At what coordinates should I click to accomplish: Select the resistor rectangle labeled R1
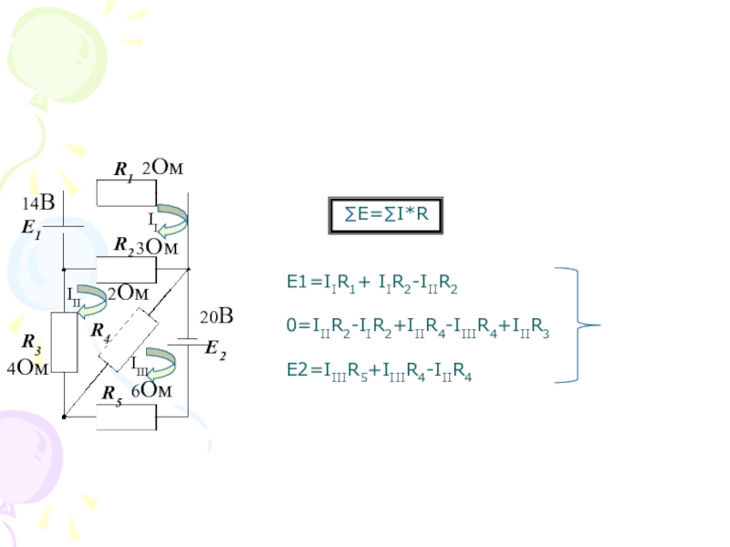coord(127,192)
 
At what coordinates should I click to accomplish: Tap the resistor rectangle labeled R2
coord(127,269)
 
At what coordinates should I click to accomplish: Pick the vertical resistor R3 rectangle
coord(64,343)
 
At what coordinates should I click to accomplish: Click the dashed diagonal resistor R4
coord(128,338)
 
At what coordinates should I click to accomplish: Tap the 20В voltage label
coord(218,317)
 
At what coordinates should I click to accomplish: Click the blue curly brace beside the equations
coord(575,325)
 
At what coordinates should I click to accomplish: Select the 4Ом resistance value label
coord(27,367)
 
